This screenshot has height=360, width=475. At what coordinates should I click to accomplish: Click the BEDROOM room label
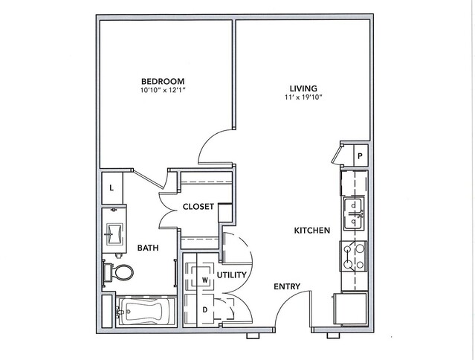coord(163,81)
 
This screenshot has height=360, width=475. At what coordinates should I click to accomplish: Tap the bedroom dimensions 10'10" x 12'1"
coord(163,90)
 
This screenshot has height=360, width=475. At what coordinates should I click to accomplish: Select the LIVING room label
coord(303,89)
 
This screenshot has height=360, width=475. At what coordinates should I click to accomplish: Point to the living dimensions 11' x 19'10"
coord(303,97)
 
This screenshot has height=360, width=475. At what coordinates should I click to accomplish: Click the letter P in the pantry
coord(361,156)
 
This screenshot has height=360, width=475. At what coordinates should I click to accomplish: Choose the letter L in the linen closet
coord(112,188)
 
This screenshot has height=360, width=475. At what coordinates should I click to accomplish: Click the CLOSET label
coord(198,207)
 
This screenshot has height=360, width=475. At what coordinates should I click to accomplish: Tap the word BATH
coord(148,248)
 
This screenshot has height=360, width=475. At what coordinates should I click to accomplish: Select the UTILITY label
coord(232,275)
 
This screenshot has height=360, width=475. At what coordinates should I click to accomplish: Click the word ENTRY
coord(287,286)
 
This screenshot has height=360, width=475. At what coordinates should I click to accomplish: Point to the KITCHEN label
coord(312,231)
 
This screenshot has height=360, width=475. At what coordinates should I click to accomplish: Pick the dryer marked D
coord(199,309)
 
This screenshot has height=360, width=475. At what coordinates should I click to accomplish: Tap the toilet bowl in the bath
coord(124,271)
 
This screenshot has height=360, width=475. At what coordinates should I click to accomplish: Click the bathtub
coord(146,311)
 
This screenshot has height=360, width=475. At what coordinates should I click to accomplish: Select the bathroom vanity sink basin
coord(114,234)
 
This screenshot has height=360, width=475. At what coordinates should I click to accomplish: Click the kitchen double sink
coord(353,213)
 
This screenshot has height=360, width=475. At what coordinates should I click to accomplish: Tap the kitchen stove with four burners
coord(354,257)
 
